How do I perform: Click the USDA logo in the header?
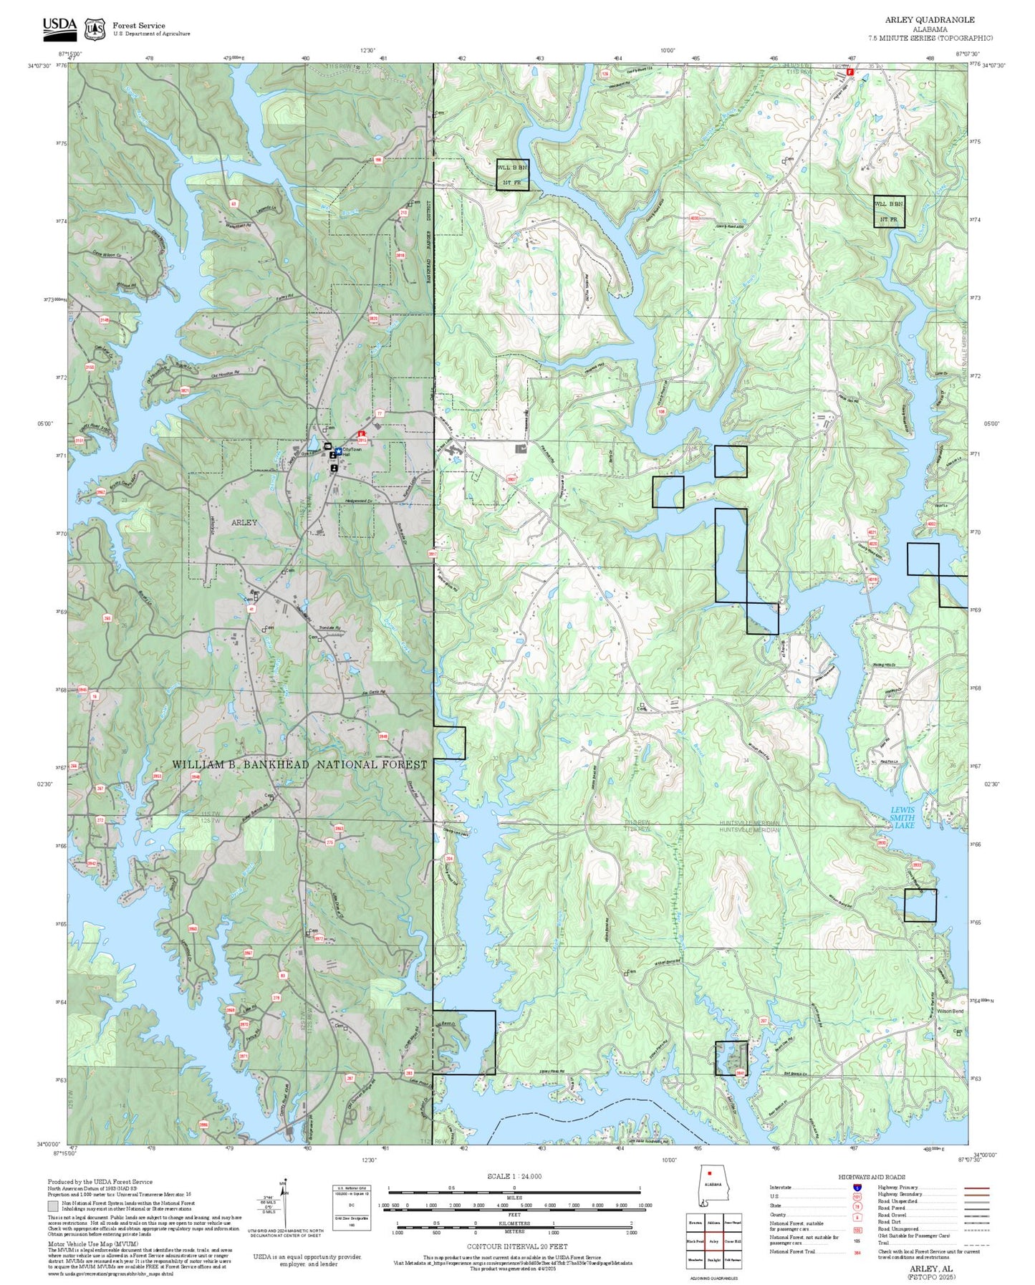point(59,27)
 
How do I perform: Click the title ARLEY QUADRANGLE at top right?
point(929,20)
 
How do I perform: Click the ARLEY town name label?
point(244,522)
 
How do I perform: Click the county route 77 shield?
point(380,414)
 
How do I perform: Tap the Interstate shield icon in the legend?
point(857,1187)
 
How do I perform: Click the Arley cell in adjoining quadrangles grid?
point(713,1241)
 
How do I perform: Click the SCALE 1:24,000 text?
point(514,1176)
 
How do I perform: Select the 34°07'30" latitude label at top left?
point(39,66)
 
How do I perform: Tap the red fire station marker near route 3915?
point(362,434)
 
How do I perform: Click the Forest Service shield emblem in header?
point(94,29)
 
